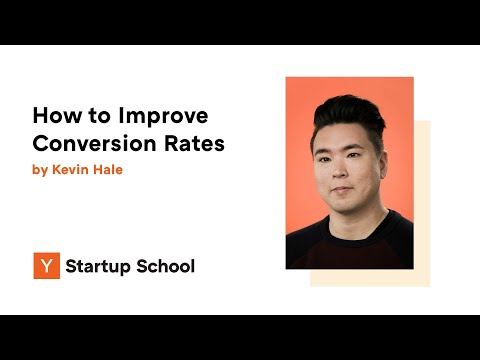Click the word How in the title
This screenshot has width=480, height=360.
pos(53,116)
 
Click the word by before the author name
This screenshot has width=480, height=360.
pos(39,170)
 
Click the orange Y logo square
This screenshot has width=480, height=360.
pos(45,266)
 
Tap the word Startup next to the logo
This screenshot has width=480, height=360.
pos(95,267)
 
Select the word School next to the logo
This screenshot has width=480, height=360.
pos(163,267)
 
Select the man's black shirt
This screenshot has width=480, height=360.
pos(350,245)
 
